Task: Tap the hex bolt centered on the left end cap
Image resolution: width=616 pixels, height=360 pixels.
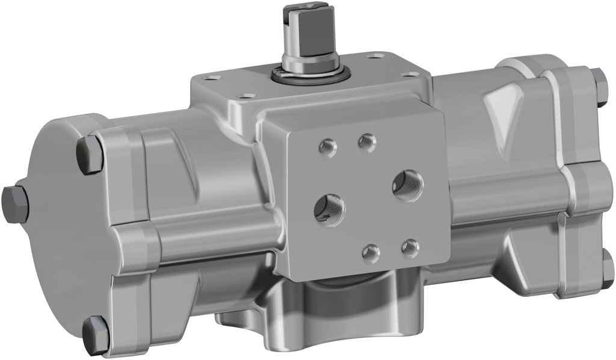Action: click(x=15, y=204)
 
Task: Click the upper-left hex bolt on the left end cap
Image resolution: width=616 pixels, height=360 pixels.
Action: click(x=90, y=154)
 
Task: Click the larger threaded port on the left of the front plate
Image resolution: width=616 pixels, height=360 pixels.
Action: click(x=330, y=209)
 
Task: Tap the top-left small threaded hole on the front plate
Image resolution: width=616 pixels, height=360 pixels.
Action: click(x=328, y=147)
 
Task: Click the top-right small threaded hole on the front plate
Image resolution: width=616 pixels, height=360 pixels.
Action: click(x=366, y=143)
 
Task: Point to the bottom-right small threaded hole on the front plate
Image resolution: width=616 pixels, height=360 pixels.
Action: click(x=410, y=247)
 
